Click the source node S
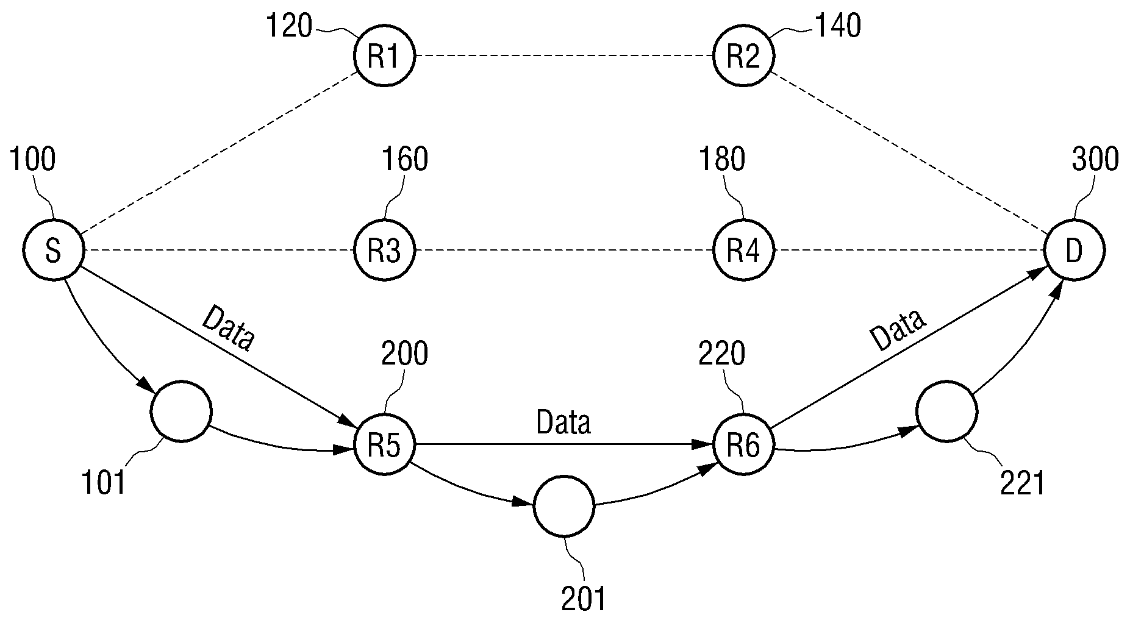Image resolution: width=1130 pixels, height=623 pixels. (53, 251)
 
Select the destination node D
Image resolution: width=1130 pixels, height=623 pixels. (1075, 251)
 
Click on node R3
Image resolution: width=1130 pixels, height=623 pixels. (385, 251)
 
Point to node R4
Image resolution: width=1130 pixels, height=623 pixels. (744, 251)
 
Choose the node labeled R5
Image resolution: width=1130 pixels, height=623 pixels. (385, 445)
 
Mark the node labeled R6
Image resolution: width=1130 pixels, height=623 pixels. (744, 445)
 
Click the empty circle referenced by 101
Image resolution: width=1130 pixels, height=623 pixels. (182, 411)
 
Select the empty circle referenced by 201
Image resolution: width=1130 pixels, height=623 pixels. (563, 507)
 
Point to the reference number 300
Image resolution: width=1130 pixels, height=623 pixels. (1095, 160)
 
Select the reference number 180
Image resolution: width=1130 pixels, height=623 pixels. (722, 160)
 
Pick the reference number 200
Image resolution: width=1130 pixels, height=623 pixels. (404, 354)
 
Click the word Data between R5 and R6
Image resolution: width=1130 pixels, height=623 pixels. (563, 422)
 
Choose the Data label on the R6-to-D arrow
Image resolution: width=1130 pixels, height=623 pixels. (898, 330)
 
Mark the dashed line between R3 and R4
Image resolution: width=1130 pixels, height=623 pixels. (564, 251)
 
